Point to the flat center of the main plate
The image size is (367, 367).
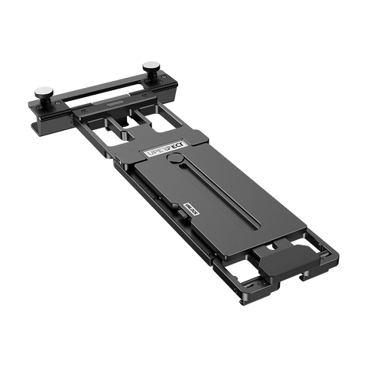229,206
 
